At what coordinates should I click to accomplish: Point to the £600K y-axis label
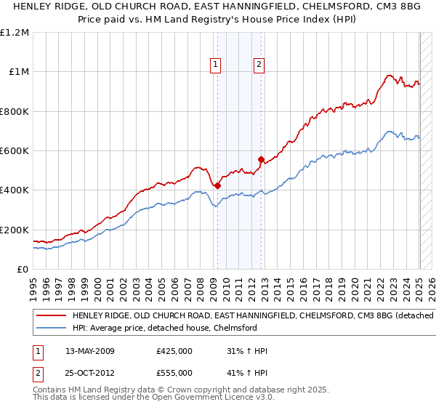pyautogui.click(x=15, y=151)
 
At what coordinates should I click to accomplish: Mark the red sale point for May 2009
pyautogui.click(x=217, y=185)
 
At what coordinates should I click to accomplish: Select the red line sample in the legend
pyautogui.click(x=52, y=316)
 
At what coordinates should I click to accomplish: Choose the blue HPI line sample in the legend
pyautogui.click(x=52, y=328)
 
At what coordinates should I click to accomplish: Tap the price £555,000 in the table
pyautogui.click(x=174, y=373)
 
